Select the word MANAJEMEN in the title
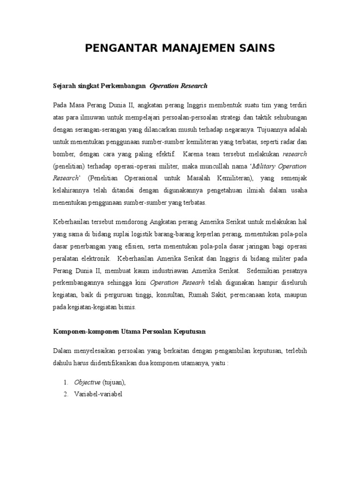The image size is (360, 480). (198, 48)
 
